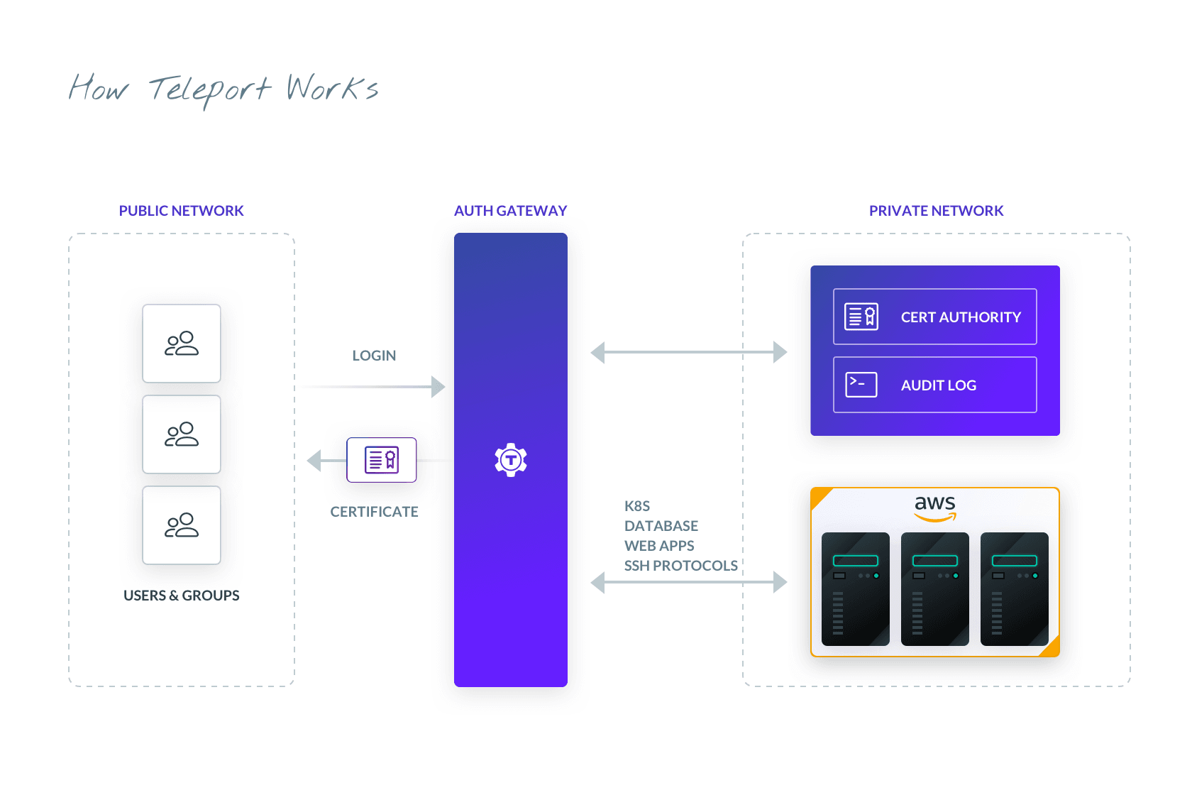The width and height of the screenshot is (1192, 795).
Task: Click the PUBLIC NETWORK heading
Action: (181, 211)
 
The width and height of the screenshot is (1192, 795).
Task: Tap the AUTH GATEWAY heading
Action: (510, 211)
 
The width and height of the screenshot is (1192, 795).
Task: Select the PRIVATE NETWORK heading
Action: (936, 211)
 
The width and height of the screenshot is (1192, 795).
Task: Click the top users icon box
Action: (182, 344)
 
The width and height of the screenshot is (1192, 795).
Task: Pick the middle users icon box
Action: (182, 434)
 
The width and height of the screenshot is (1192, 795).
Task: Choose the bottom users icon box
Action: (182, 525)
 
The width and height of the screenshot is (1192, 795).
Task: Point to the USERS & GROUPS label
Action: (181, 596)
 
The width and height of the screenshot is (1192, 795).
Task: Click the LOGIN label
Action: (374, 356)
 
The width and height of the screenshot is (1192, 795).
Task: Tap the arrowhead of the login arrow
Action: (438, 387)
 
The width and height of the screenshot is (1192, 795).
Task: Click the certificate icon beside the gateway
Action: (382, 460)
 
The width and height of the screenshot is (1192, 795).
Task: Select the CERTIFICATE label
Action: (374, 512)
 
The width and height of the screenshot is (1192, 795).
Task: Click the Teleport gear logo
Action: (511, 460)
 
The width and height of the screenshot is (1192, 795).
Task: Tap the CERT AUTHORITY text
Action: (961, 317)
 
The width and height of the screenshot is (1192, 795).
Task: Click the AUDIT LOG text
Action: (938, 385)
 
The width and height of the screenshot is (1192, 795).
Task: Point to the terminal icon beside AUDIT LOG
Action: (861, 385)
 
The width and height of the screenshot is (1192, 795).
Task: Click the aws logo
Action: (935, 507)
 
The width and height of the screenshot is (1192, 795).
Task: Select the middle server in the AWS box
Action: (935, 589)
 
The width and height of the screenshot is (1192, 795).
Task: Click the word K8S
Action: (637, 506)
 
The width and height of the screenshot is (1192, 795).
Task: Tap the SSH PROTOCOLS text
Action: (680, 566)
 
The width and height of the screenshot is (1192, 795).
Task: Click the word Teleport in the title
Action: (210, 90)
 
